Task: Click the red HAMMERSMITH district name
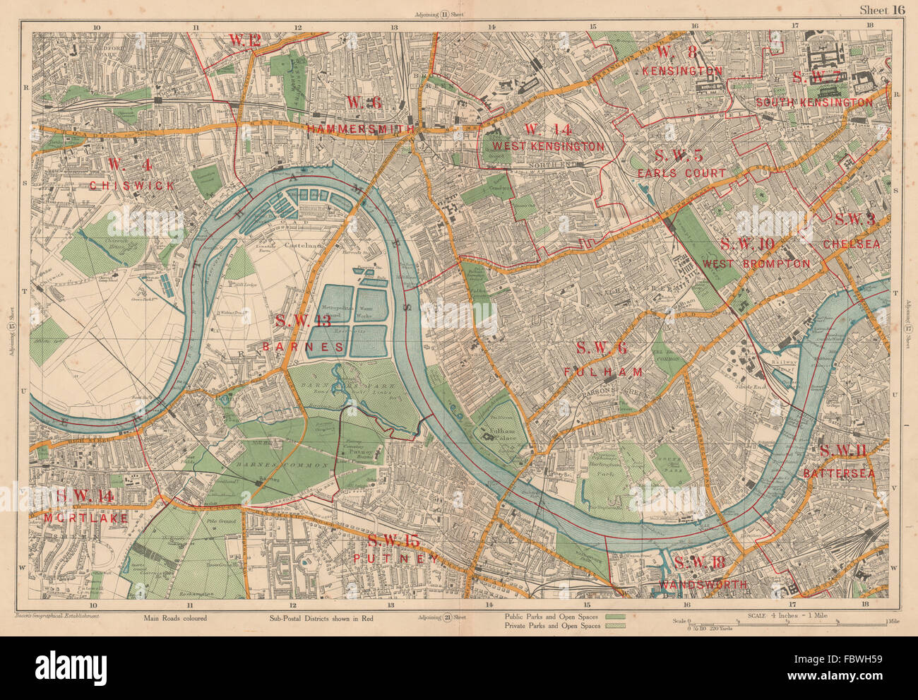[361, 129]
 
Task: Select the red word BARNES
[303, 347]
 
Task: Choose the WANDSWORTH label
[703, 585]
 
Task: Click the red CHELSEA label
[852, 244]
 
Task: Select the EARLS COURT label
[680, 173]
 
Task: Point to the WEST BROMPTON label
[756, 263]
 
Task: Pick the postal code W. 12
[245, 40]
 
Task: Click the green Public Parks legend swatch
[616, 616]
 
